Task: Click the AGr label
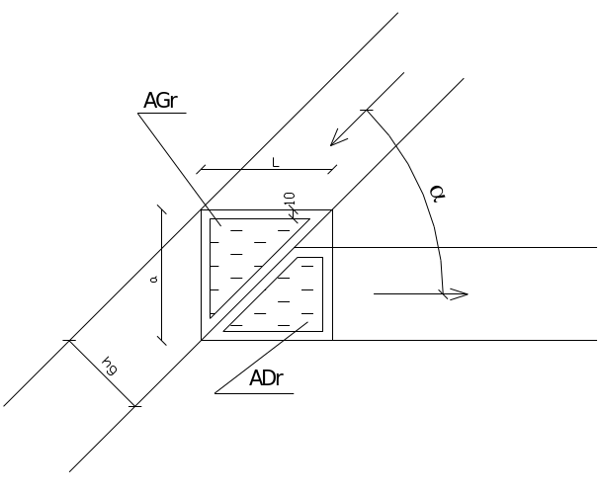[160, 101]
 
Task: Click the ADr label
[266, 378]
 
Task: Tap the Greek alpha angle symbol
[437, 194]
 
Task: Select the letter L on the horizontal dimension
[276, 163]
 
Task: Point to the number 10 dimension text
[290, 199]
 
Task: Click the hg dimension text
[110, 366]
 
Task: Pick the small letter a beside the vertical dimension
[154, 280]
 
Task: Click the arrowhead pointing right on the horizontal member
[459, 294]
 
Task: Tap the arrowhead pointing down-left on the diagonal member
[338, 139]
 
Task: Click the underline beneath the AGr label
[162, 113]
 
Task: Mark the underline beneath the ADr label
[254, 393]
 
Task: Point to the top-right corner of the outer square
[332, 210]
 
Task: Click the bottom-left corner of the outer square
[202, 340]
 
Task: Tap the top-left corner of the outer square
[202, 210]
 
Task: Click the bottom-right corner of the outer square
[332, 340]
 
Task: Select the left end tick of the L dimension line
[201, 169]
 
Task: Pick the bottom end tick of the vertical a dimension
[162, 340]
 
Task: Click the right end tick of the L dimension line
[332, 169]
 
